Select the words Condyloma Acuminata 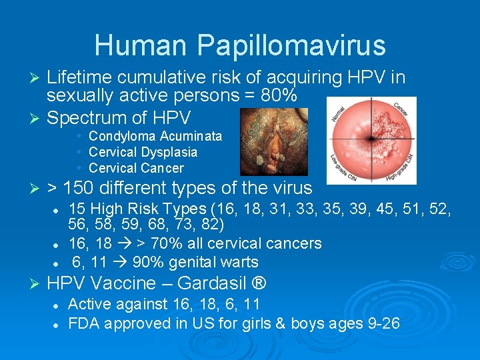coord(155,136)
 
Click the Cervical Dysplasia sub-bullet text coord(143,152)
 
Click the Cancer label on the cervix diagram coord(400,108)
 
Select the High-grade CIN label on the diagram coord(403,168)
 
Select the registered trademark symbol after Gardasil coord(260,283)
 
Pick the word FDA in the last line coord(83,324)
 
